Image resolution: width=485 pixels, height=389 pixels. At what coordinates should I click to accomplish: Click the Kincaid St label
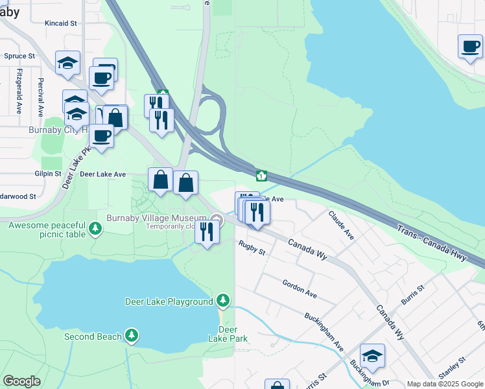[61, 23]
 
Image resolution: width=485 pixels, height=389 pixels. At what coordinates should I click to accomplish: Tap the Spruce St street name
[19, 56]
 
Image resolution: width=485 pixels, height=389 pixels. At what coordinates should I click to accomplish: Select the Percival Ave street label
[40, 97]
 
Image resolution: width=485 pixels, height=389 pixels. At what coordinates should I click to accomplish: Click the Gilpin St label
[48, 174]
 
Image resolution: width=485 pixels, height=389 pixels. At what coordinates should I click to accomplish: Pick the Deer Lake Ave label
[102, 174]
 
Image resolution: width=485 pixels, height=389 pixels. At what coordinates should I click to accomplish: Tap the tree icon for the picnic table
[95, 228]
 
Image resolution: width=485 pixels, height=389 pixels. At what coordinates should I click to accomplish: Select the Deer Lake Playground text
[169, 301]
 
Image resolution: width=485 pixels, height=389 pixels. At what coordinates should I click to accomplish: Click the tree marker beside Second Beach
[132, 335]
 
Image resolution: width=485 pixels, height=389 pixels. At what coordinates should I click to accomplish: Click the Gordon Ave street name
[299, 289]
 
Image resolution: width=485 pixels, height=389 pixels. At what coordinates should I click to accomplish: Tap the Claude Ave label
[340, 225]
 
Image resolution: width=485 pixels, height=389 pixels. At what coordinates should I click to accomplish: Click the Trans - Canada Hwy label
[432, 240]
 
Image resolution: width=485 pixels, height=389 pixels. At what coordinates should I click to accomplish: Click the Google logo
[22, 381]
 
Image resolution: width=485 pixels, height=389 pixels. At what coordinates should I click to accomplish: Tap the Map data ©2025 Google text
[444, 384]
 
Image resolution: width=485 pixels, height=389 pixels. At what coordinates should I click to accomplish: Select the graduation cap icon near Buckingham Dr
[372, 356]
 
